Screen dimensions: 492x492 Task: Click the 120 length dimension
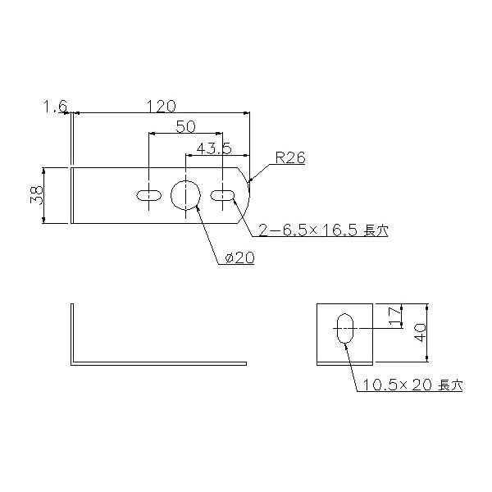pos(162,106)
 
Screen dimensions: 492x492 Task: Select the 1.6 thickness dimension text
pos(56,107)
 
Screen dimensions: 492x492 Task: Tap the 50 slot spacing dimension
pos(186,126)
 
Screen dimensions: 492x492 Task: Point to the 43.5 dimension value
pos(214,148)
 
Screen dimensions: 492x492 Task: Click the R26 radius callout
pos(290,157)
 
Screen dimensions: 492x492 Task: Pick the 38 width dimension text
pos(37,195)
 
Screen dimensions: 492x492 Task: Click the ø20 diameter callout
pos(239,258)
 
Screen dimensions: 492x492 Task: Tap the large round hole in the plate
pos(186,195)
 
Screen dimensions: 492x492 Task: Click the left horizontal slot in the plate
pos(149,195)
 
